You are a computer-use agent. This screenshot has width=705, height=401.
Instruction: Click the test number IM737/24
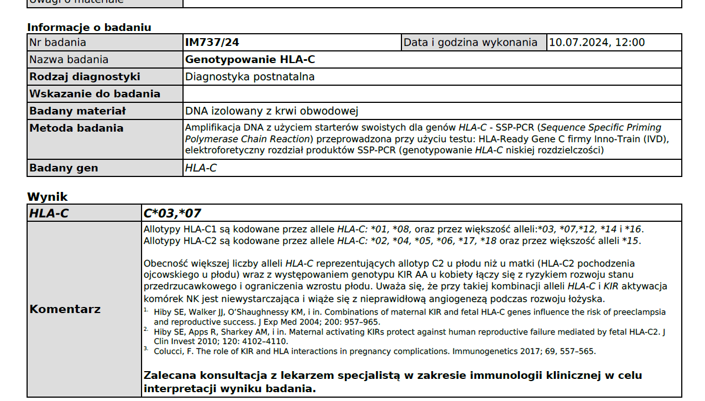(212, 43)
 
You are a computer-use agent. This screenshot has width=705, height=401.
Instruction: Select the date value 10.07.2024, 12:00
(597, 43)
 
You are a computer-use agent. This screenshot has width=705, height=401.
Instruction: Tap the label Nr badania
(58, 43)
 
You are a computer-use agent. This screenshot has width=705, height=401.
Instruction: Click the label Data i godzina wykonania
(471, 43)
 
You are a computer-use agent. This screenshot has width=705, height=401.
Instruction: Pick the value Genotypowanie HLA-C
(250, 60)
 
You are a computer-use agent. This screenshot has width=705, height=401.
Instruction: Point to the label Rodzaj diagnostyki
(85, 77)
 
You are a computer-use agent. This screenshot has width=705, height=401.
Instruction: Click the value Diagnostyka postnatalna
(250, 77)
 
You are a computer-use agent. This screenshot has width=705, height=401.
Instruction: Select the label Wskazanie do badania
(95, 94)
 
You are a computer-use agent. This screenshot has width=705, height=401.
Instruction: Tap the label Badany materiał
(77, 111)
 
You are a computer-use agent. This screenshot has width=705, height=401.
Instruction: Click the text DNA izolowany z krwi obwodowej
(272, 111)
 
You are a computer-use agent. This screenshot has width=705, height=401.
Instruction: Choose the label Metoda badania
(76, 128)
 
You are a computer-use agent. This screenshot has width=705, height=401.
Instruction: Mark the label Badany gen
(64, 168)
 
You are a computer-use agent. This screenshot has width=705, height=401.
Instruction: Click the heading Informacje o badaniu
(89, 28)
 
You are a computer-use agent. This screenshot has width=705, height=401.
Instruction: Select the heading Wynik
(48, 197)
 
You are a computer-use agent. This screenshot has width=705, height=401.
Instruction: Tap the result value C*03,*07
(173, 213)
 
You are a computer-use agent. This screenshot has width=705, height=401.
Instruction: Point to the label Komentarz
(65, 309)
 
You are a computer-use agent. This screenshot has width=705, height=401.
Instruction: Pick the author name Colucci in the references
(170, 351)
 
